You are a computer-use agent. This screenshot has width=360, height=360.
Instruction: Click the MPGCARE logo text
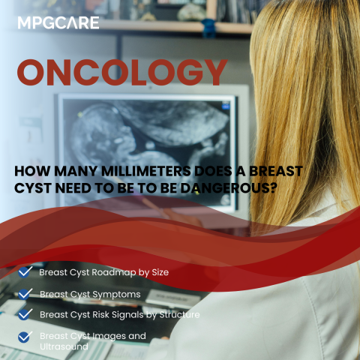click(58, 23)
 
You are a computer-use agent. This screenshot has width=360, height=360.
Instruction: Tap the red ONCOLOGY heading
click(121, 73)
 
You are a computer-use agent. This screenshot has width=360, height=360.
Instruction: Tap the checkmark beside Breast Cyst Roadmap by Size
click(25, 271)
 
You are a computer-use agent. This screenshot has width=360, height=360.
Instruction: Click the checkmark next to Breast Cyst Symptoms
click(25, 294)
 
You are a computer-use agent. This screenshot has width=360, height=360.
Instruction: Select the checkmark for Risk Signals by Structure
click(25, 314)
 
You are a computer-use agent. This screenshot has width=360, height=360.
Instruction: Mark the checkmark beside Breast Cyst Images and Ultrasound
click(25, 337)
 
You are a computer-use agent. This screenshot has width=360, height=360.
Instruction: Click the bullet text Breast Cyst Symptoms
click(90, 294)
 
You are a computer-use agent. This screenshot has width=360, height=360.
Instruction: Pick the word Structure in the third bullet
click(179, 315)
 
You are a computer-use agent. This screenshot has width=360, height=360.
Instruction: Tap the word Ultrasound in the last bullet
click(64, 347)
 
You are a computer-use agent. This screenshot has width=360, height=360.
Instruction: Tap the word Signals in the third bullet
click(135, 315)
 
